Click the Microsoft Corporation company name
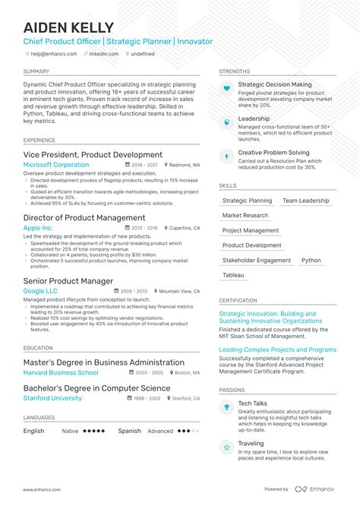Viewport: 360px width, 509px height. tap(56, 165)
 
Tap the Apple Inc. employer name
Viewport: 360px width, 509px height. tap(38, 228)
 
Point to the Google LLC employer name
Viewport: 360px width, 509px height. tap(41, 291)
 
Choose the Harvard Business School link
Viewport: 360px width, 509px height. tap(61, 373)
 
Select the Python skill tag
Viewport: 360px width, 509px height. tap(311, 260)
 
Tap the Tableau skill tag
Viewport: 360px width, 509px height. tap(233, 275)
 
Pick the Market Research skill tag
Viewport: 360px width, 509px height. tap(246, 216)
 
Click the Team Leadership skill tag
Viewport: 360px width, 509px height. tap(306, 201)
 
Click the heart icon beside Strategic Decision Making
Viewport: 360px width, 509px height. tap(226, 88)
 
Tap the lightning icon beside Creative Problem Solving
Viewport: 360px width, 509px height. tap(226, 156)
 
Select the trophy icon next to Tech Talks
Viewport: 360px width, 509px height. tap(226, 407)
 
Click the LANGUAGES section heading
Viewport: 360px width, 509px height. tap(39, 417)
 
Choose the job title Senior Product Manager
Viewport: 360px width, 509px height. tap(68, 281)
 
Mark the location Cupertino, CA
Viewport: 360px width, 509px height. tap(183, 228)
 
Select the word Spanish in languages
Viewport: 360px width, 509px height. tap(129, 431)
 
